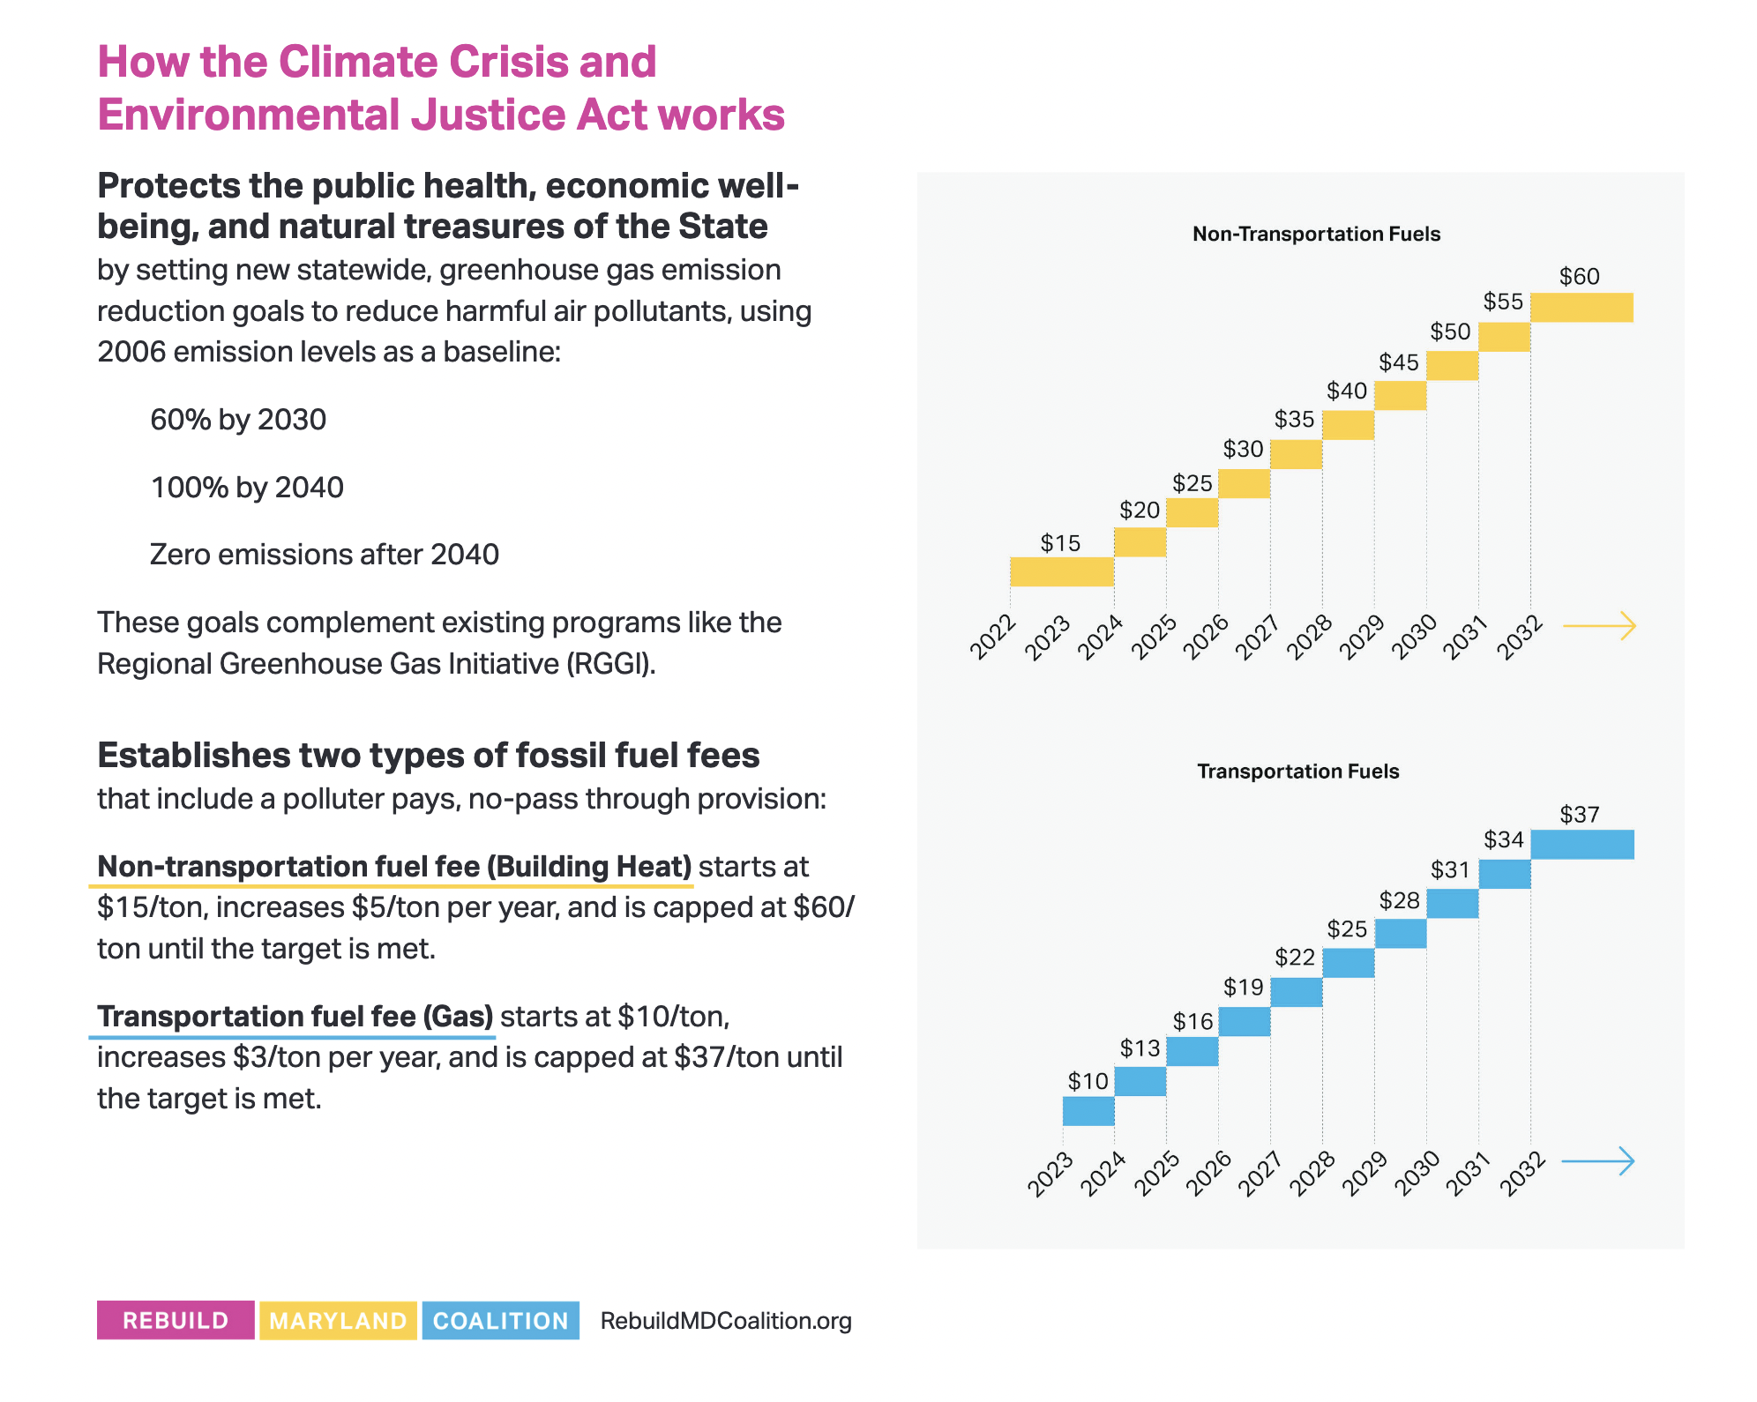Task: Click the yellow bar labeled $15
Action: (x=1061, y=571)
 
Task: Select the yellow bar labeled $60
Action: (x=1581, y=307)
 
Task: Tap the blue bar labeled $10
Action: (x=1088, y=1110)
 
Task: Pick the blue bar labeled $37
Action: (x=1581, y=844)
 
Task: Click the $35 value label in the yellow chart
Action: (x=1294, y=420)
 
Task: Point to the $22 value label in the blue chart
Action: (x=1294, y=958)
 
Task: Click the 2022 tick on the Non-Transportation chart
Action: (x=993, y=637)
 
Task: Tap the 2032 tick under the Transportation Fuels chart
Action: (x=1523, y=1174)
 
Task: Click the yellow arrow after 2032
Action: (x=1599, y=626)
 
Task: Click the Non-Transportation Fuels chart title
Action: (x=1316, y=234)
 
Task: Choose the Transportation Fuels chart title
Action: (x=1297, y=772)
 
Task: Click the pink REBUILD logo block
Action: (x=176, y=1320)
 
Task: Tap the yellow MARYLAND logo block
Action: (x=338, y=1320)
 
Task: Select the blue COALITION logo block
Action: (x=500, y=1320)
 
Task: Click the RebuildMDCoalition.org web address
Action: (x=725, y=1320)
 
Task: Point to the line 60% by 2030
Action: (x=238, y=420)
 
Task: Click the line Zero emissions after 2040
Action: (x=324, y=555)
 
